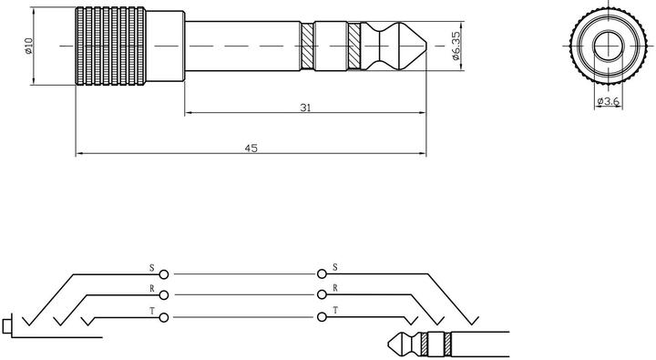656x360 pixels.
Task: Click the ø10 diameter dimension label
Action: (x=29, y=46)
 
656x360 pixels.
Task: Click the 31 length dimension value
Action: (x=305, y=108)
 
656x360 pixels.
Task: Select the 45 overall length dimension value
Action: (x=251, y=148)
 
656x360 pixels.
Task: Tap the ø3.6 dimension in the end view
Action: (x=607, y=103)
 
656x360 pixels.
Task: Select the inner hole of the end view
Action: (x=606, y=45)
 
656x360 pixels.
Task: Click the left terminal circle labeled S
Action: (x=164, y=273)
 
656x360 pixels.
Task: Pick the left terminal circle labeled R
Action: (x=164, y=294)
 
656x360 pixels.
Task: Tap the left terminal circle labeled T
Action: (x=164, y=316)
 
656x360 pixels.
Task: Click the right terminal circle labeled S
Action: (x=322, y=273)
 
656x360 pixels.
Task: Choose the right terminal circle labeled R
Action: (x=322, y=294)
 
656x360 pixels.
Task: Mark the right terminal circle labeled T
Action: (x=322, y=316)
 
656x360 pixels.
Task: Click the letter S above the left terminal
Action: (x=152, y=268)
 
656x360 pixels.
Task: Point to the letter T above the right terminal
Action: (x=335, y=311)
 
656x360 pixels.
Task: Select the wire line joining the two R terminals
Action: (x=242, y=294)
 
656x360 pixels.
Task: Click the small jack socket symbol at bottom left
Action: (x=8, y=324)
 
